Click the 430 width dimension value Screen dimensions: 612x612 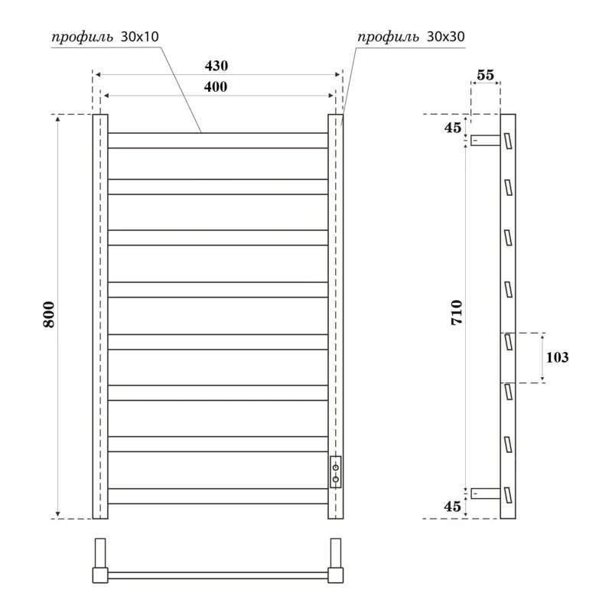(216, 66)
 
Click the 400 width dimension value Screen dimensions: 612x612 (216, 86)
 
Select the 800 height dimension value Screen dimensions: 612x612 (48, 317)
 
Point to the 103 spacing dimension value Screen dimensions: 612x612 (558, 357)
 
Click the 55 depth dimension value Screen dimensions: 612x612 (484, 74)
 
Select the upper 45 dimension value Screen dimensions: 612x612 (452, 128)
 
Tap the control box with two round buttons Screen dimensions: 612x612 (335, 471)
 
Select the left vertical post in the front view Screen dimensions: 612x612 (100, 317)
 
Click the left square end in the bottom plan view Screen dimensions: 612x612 (99, 574)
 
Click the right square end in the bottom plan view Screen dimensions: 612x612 (336, 574)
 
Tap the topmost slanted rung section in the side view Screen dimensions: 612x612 (506, 141)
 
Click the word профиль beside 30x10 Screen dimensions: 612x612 (83, 37)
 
